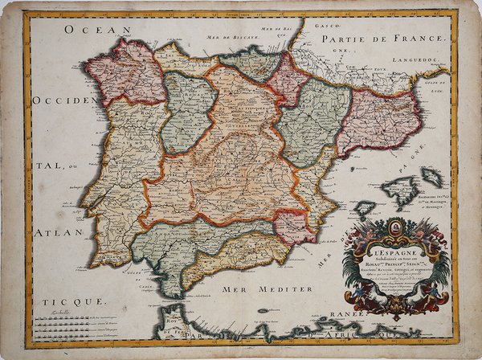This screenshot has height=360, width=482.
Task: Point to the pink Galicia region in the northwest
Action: pos(125,72)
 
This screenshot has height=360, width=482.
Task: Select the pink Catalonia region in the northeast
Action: pos(378,121)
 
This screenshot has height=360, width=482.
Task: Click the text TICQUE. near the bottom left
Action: pos(76,300)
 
